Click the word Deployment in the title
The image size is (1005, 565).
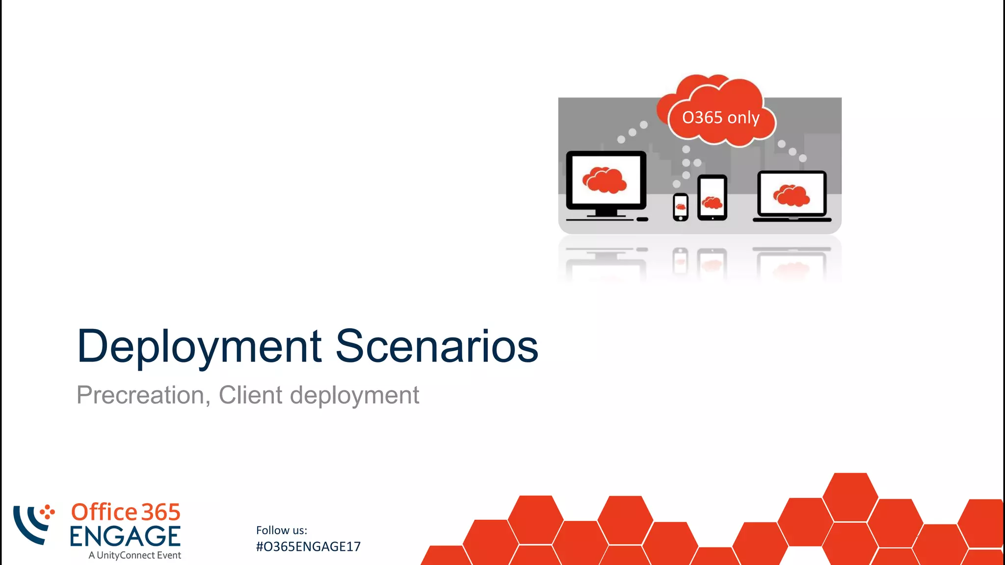click(x=199, y=347)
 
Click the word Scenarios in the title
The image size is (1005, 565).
click(x=436, y=346)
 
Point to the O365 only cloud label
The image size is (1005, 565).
click(x=720, y=118)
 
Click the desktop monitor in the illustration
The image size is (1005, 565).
click(x=606, y=181)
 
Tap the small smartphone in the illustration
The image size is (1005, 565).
click(x=680, y=207)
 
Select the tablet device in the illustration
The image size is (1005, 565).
click(x=712, y=198)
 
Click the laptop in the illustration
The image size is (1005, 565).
click(x=792, y=196)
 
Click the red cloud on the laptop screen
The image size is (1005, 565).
click(x=791, y=196)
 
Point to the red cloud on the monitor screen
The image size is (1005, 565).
click(x=605, y=180)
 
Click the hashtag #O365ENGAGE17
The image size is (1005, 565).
click(x=308, y=547)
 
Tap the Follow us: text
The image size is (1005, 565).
click(x=281, y=530)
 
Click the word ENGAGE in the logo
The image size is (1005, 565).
click(x=125, y=536)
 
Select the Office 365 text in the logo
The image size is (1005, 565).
click(x=126, y=512)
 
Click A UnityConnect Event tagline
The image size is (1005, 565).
click(x=134, y=555)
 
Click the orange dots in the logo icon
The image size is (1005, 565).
click(x=47, y=512)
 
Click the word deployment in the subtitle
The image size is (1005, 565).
click(x=354, y=395)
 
